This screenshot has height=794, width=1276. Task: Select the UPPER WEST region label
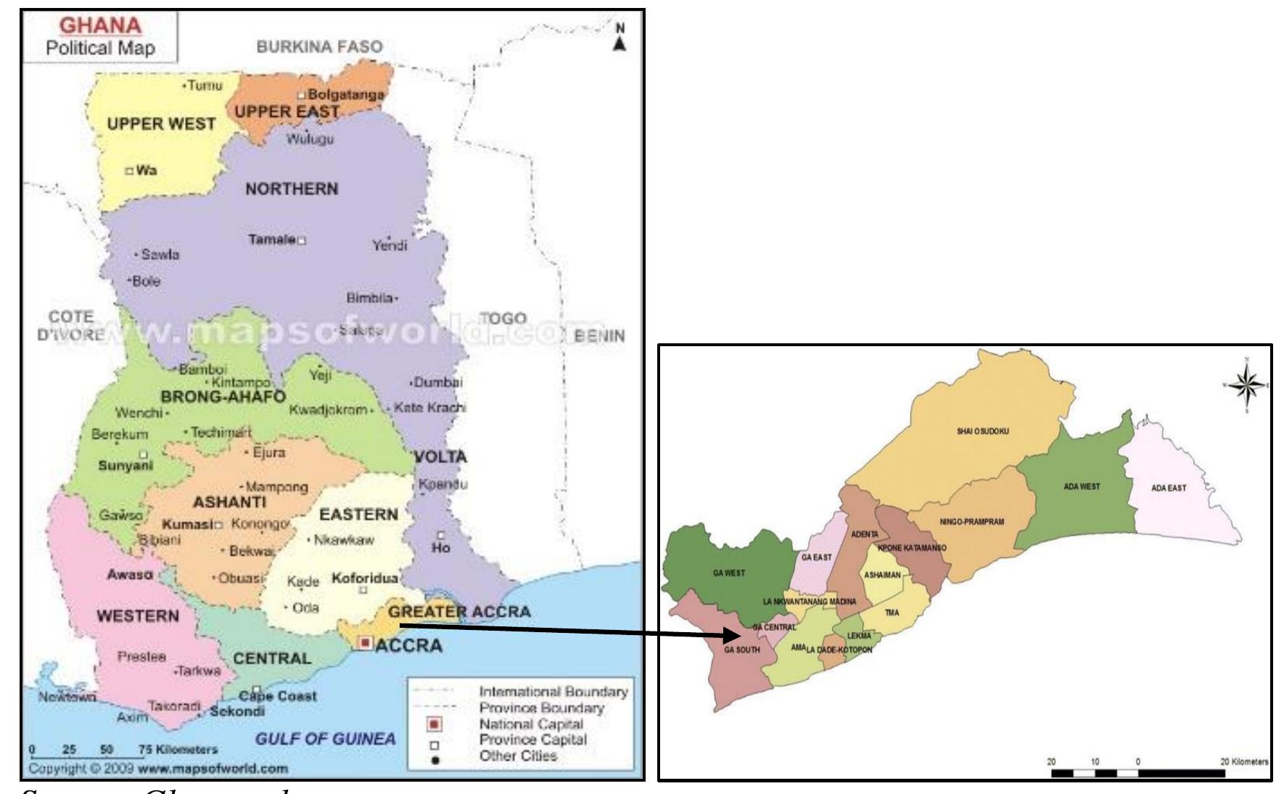(161, 124)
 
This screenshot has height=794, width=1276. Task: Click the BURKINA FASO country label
(319, 47)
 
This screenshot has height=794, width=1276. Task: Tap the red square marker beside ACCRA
(365, 643)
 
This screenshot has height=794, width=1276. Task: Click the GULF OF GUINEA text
(325, 740)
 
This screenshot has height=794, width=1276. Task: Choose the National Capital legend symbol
(435, 724)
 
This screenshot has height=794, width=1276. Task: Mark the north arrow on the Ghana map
(619, 40)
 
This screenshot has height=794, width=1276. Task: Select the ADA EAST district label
(1168, 488)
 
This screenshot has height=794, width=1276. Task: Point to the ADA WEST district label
(1082, 486)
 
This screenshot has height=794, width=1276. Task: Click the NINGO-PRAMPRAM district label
(971, 522)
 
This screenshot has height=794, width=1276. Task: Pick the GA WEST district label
(729, 573)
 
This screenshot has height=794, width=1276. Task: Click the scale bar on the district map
(1138, 773)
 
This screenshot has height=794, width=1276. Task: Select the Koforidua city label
(365, 578)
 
